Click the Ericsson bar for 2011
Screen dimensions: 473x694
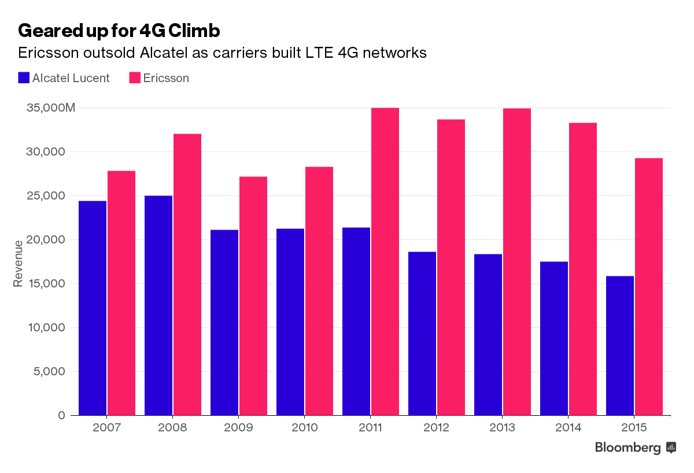[x=385, y=261]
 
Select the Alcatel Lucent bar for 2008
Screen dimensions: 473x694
[x=158, y=305]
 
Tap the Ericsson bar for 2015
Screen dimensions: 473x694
[x=649, y=287]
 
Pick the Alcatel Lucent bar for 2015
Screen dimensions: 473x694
[x=620, y=346]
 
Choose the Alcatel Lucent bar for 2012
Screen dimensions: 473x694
[x=422, y=334]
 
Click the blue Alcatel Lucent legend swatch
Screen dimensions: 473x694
[x=24, y=78]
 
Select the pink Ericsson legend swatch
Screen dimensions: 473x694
[x=135, y=78]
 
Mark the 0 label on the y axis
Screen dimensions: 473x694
[x=62, y=415]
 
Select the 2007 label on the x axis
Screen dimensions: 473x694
[x=106, y=428]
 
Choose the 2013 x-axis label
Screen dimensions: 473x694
[x=502, y=428]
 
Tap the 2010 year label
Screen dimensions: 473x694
[x=304, y=428]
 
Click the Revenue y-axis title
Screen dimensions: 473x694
[x=18, y=263]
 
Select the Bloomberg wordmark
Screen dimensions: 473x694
[x=627, y=448]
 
